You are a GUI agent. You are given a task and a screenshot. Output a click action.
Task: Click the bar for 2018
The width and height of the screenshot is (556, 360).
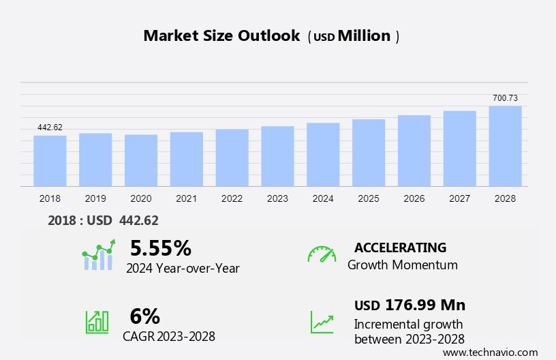click(50, 161)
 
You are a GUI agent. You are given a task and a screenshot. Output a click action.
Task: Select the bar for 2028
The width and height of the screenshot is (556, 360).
click(505, 146)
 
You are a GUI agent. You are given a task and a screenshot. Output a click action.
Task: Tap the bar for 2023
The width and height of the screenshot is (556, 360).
click(277, 156)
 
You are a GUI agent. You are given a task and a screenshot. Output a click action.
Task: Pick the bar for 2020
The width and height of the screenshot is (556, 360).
click(141, 160)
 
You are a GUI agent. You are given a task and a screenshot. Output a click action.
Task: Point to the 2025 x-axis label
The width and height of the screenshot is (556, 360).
click(369, 198)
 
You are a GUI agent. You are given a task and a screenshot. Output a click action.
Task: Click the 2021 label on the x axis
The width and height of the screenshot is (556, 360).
click(187, 198)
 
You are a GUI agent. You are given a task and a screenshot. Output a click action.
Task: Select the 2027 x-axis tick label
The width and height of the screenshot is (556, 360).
click(460, 198)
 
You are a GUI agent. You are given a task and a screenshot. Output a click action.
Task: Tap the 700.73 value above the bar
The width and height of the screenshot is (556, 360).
click(505, 98)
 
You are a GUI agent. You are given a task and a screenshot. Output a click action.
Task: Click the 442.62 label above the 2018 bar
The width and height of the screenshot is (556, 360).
click(50, 127)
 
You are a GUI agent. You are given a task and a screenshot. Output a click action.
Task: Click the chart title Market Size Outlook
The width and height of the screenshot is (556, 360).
click(221, 36)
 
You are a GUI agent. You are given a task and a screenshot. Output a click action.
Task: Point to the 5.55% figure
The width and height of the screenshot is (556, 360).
click(160, 247)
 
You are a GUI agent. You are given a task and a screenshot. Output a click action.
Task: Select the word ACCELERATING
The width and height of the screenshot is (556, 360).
click(401, 247)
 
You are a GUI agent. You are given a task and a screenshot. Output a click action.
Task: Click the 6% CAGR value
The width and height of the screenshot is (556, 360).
click(144, 316)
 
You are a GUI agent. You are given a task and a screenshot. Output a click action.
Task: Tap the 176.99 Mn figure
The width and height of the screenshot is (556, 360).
click(425, 305)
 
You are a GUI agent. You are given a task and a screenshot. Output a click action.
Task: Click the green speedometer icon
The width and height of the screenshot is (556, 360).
click(322, 254)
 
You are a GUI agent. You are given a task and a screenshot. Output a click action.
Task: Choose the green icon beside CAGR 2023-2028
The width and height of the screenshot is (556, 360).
click(96, 321)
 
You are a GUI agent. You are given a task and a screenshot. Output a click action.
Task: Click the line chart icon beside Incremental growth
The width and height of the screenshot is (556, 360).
click(322, 322)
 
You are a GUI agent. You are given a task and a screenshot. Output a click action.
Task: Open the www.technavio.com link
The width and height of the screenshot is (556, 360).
click(490, 352)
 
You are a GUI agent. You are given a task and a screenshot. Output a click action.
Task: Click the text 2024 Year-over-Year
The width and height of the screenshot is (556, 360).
click(183, 268)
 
